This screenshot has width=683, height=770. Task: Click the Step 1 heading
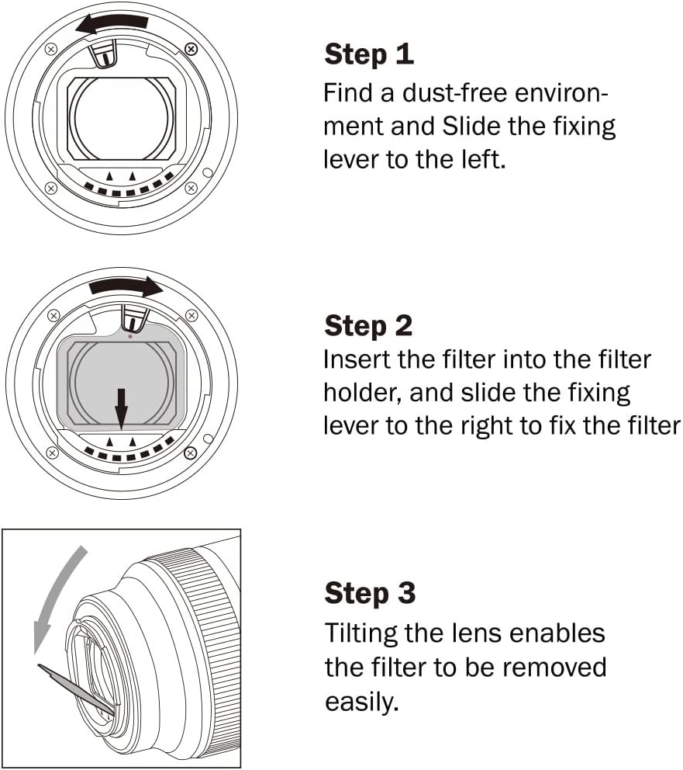[369, 54]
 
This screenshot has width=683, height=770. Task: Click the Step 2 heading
[368, 325]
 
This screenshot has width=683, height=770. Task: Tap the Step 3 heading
[370, 593]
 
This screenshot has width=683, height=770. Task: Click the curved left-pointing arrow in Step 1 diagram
[112, 23]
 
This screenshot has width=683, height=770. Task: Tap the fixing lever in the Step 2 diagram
[134, 317]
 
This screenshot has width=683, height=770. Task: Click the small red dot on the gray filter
[130, 336]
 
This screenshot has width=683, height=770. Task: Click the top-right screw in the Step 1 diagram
[191, 49]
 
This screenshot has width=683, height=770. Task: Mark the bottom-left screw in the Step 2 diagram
[51, 452]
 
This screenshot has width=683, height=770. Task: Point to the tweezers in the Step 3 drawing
[77, 688]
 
